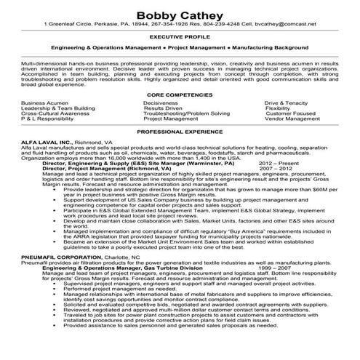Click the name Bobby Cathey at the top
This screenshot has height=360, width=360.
tap(180, 12)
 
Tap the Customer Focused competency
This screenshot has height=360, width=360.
tap(290, 114)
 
